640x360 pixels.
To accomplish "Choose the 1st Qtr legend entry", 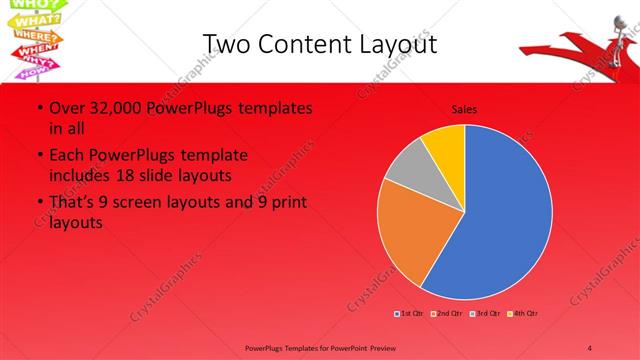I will [410, 314].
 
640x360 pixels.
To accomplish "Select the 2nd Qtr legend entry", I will [446, 314].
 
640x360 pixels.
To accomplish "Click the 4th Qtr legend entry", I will [523, 314].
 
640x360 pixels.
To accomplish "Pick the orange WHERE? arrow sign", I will [33, 36].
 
